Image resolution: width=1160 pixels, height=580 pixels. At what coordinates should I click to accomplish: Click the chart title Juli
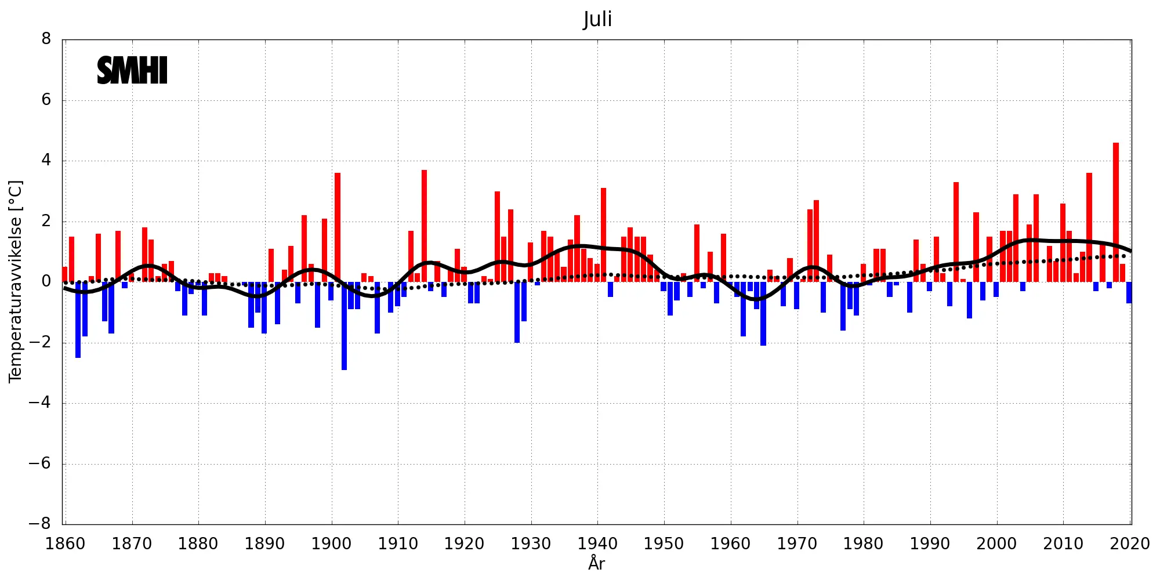597,19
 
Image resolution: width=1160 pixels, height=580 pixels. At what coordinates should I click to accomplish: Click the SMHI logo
132,70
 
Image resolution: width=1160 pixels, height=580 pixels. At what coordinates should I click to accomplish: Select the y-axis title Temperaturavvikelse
16,281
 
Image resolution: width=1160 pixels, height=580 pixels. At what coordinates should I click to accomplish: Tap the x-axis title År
596,563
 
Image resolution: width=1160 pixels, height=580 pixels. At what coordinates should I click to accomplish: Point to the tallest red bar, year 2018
1116,212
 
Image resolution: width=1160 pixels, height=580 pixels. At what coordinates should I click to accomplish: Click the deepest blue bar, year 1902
345,325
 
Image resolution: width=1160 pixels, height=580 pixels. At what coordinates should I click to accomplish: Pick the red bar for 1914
424,226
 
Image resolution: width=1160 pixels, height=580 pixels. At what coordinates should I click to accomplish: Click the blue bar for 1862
78,320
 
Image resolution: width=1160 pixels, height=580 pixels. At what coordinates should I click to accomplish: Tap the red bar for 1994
956,232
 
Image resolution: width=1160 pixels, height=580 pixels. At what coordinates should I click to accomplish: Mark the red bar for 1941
603,235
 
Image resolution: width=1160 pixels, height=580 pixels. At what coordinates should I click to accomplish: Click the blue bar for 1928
517,312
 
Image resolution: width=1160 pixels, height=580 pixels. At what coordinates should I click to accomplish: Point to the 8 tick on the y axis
46,39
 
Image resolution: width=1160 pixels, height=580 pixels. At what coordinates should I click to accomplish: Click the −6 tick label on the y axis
40,463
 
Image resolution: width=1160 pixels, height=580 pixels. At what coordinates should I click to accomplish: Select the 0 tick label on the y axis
46,282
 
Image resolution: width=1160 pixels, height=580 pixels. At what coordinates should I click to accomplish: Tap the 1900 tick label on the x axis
331,544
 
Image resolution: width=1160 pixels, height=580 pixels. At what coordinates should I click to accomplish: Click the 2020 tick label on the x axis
1129,544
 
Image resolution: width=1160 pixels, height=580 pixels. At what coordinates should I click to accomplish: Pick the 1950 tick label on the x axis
664,544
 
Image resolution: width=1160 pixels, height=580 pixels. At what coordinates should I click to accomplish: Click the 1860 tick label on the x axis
66,544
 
